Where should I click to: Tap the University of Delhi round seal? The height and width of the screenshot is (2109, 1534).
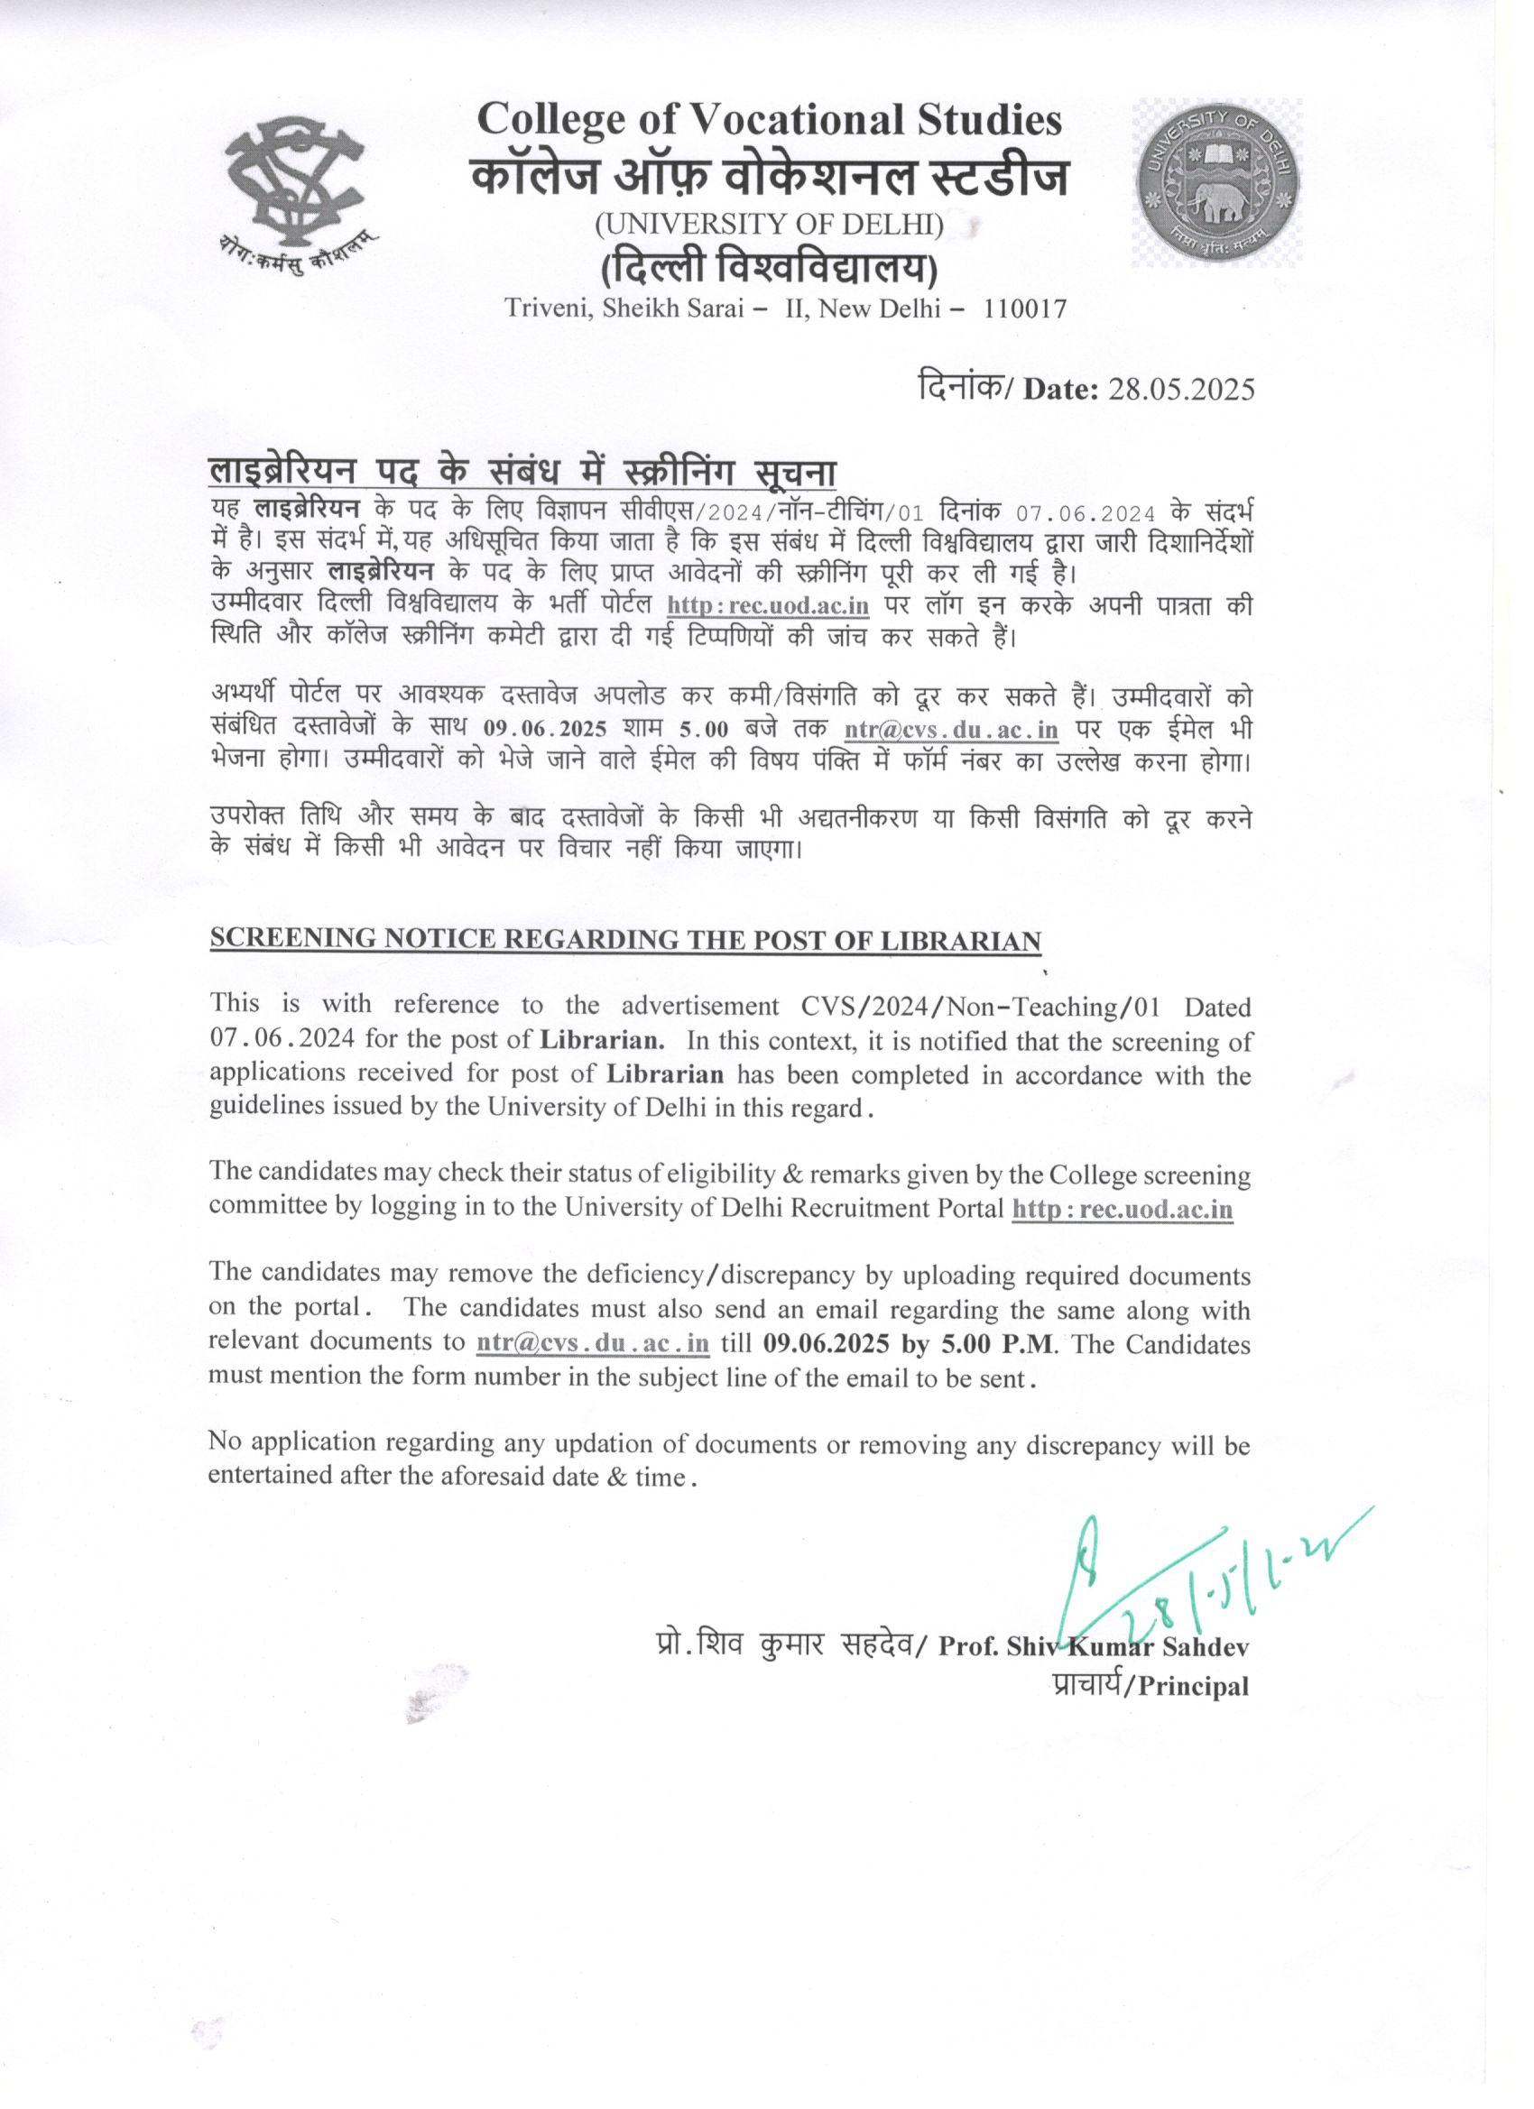click(x=1215, y=181)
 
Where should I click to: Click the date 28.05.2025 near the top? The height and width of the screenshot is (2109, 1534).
click(x=1180, y=389)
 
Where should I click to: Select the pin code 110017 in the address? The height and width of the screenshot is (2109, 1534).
click(x=1025, y=308)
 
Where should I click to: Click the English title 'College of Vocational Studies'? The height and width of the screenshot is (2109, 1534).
click(x=769, y=120)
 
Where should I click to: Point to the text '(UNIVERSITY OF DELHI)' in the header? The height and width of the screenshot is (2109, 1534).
click(x=770, y=224)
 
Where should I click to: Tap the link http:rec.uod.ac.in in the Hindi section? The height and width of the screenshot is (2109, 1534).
click(x=769, y=606)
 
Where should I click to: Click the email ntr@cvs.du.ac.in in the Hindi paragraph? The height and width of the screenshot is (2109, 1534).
click(x=951, y=729)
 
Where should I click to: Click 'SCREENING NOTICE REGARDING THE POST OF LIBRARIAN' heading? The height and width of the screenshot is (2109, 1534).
click(x=625, y=939)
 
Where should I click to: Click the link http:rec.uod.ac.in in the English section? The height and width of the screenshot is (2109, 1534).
click(x=1122, y=1210)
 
